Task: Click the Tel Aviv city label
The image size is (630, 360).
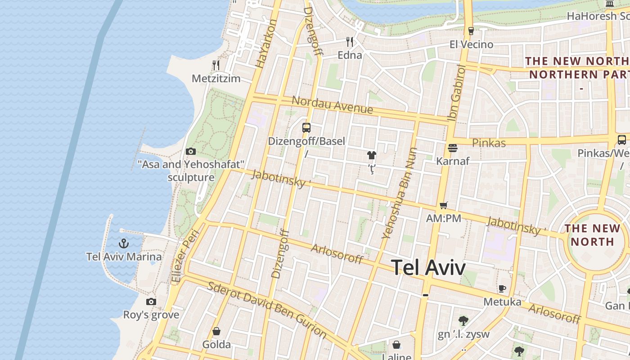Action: pyautogui.click(x=428, y=268)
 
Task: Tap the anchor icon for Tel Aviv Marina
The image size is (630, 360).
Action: pyautogui.click(x=124, y=244)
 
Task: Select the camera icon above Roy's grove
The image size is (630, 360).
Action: pyautogui.click(x=151, y=301)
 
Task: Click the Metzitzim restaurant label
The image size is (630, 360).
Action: pyautogui.click(x=216, y=79)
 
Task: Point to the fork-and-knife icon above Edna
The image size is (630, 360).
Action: pyautogui.click(x=350, y=42)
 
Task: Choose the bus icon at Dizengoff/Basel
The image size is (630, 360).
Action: pyautogui.click(x=306, y=128)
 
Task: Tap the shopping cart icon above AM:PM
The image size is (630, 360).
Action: pyautogui.click(x=444, y=206)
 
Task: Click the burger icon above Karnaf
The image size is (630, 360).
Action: pyautogui.click(x=453, y=148)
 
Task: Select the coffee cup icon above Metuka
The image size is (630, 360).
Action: pyautogui.click(x=502, y=288)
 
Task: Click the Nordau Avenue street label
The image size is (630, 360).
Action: pyautogui.click(x=332, y=105)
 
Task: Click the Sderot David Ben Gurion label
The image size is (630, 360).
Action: pyautogui.click(x=267, y=310)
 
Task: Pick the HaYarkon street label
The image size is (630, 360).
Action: pyautogui.click(x=265, y=44)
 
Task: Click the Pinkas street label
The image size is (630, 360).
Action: pyautogui.click(x=489, y=143)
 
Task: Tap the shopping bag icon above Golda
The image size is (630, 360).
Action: pyautogui.click(x=216, y=332)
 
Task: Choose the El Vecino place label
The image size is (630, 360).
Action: pyautogui.click(x=471, y=45)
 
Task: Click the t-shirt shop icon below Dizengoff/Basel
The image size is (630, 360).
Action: pyautogui.click(x=371, y=156)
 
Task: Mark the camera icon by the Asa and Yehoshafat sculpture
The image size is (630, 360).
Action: pyautogui.click(x=191, y=151)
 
